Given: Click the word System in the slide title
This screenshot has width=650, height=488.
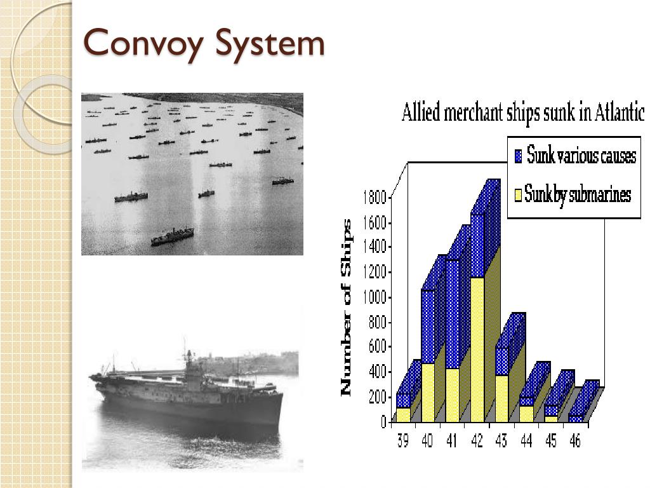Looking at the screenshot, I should point(270,44).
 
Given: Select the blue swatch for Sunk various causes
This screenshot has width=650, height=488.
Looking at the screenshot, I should point(519,155).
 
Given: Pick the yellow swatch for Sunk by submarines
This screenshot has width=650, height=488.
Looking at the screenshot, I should point(519,194).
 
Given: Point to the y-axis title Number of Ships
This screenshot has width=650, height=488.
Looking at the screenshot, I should point(347,308).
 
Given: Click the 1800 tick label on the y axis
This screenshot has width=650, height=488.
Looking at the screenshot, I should point(374,198).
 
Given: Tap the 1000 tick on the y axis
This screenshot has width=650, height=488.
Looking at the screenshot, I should point(374,297).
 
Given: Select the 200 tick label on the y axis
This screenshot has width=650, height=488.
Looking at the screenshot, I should point(376,397).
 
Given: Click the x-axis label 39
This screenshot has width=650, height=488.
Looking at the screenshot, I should point(403,440).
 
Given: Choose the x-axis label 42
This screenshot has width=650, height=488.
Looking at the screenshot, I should point(477,440).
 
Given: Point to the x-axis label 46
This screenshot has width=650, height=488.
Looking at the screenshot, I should point(574,440).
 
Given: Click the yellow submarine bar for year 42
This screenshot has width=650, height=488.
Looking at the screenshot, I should point(477,349).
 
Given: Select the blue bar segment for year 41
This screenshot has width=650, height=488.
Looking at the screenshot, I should point(452,315).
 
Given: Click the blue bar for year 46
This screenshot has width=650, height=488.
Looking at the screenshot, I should point(576,418).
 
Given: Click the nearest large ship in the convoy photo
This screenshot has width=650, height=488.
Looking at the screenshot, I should point(172,236).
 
